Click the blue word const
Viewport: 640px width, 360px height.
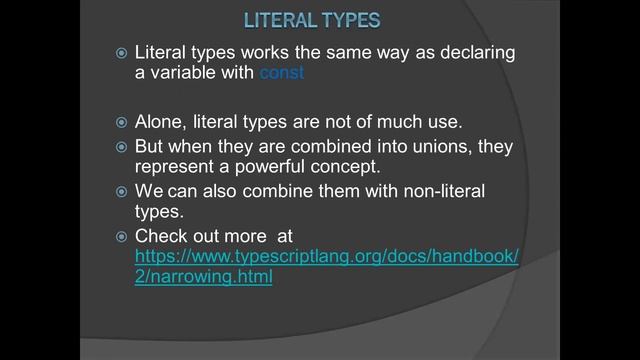click(282, 73)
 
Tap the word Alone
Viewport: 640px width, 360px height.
click(162, 122)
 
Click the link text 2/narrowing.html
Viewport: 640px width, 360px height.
click(204, 277)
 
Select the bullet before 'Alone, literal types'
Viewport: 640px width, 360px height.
click(121, 123)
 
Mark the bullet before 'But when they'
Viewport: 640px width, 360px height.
click(121, 147)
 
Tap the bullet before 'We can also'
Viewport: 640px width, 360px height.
click(121, 191)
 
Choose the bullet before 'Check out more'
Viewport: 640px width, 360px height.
click(121, 237)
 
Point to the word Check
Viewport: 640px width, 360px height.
click(161, 236)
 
